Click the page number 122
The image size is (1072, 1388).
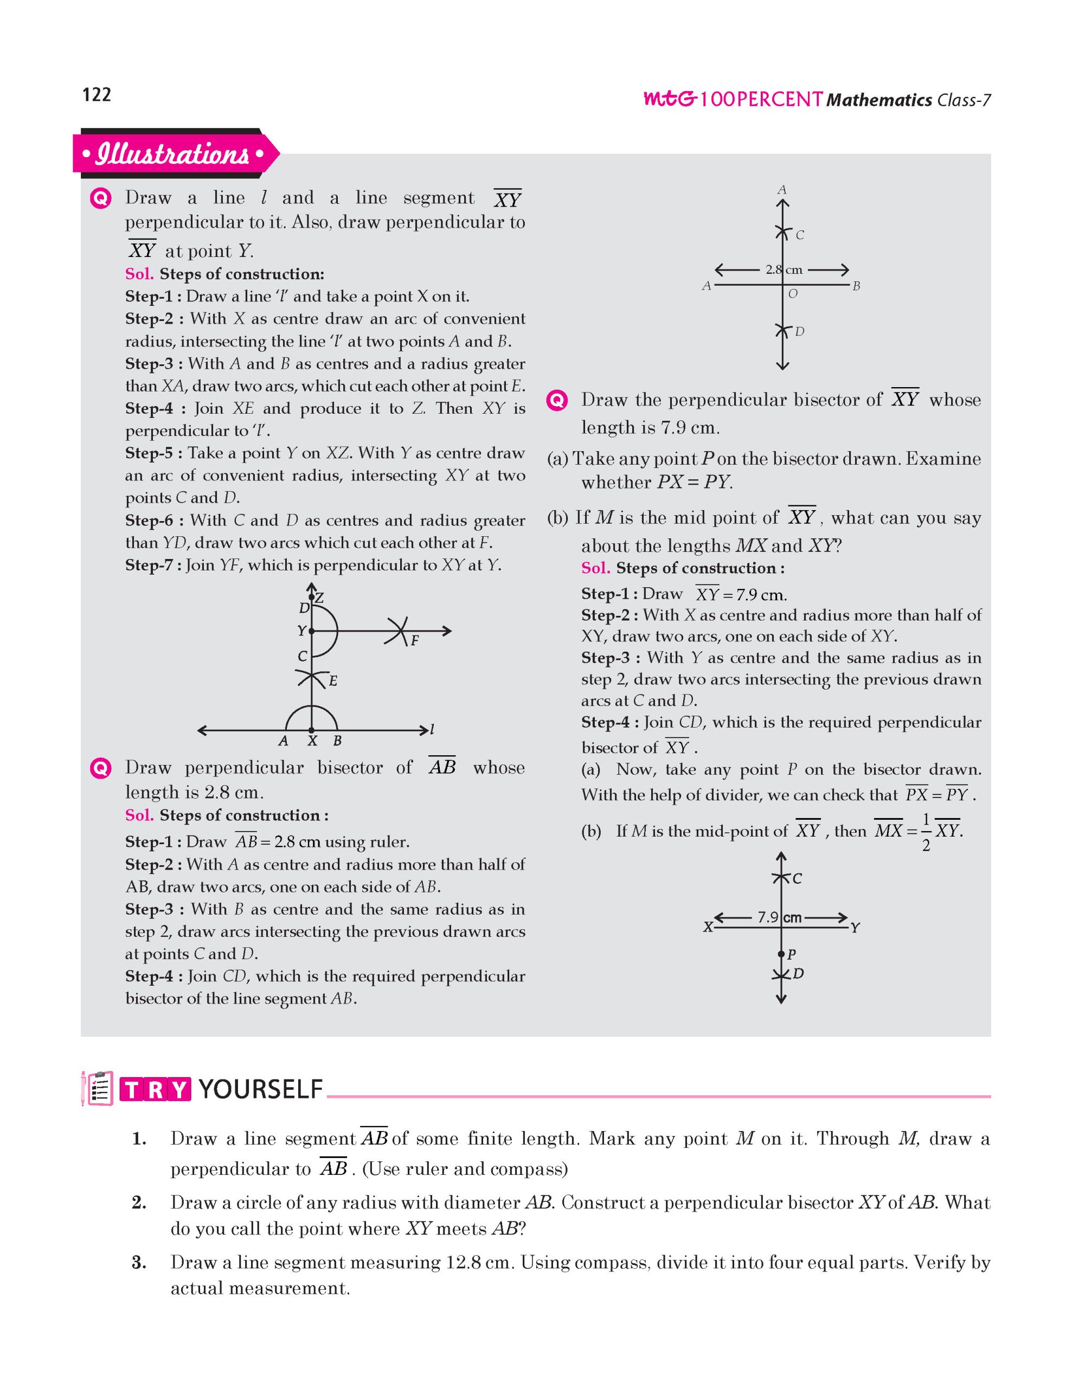point(97,95)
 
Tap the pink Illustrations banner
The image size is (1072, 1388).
point(173,154)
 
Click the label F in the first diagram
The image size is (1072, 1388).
point(414,641)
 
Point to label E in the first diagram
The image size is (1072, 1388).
point(332,682)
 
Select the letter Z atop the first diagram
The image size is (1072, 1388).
point(319,598)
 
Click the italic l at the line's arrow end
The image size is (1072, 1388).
point(432,729)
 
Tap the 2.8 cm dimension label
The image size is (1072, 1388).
point(783,269)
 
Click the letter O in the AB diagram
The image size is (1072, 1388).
point(792,294)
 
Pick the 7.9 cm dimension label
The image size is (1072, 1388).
point(779,918)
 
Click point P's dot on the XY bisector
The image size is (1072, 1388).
point(781,954)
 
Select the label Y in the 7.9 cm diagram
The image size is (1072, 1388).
point(855,928)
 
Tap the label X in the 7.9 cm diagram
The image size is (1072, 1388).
point(708,927)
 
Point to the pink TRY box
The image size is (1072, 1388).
point(155,1090)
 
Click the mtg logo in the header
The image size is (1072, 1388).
point(669,99)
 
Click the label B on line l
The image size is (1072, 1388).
point(337,741)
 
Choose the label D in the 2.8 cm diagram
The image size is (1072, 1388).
point(799,332)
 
